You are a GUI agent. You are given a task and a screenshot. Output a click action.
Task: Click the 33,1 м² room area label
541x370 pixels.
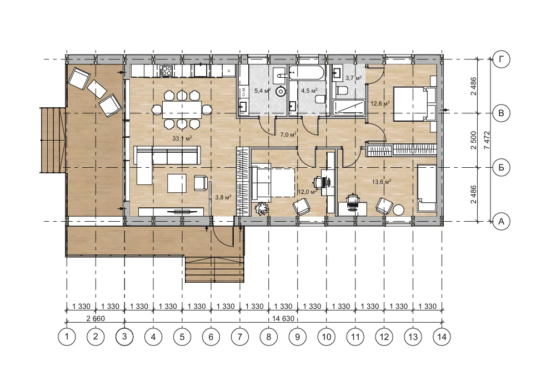point(182,139)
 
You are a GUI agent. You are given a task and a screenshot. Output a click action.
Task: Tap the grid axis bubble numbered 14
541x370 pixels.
point(442,337)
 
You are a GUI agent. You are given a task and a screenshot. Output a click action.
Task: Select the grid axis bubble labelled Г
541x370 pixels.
point(501,59)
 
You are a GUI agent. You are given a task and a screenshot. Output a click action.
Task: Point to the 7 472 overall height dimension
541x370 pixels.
point(487,140)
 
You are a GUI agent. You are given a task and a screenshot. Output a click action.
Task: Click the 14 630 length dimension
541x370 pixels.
point(283,318)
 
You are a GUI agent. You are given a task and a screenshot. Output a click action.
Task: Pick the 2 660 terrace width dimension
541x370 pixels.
point(96,318)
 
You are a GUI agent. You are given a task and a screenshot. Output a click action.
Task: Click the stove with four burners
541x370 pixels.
point(166,71)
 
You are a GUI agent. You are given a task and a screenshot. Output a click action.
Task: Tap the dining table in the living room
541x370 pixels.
point(182,109)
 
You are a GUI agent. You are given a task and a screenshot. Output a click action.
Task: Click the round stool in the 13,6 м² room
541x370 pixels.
point(399,210)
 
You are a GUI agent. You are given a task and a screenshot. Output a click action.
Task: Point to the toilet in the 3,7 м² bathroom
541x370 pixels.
point(342,91)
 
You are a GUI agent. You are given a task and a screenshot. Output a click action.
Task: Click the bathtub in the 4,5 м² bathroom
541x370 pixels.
point(307,73)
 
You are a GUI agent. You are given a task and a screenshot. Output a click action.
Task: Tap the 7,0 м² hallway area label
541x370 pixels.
point(288,134)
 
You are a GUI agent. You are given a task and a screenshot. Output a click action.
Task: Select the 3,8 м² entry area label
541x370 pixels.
point(223,197)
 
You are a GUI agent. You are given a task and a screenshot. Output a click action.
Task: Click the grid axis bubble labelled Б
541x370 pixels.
point(501,167)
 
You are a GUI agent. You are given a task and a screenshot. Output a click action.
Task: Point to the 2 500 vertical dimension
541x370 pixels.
point(473,140)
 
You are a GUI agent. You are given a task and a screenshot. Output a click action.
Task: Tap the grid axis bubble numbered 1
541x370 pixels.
point(67,337)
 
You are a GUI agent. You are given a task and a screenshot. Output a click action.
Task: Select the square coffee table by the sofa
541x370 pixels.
point(177,183)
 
